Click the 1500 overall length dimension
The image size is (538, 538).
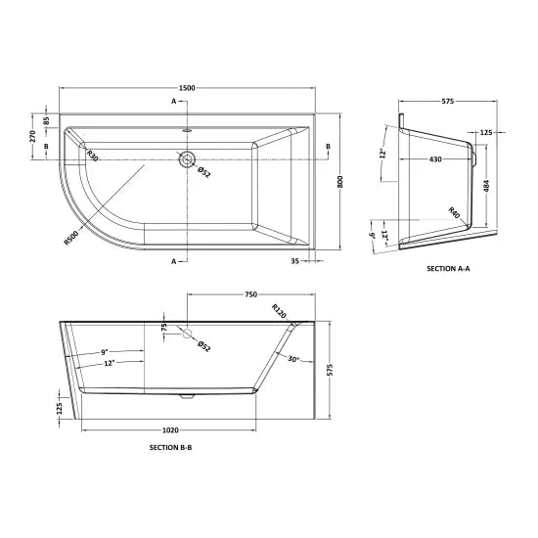pos(188,89)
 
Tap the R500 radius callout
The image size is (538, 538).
pos(70,238)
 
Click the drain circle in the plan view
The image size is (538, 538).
pos(187,159)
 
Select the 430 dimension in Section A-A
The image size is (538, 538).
pos(435,158)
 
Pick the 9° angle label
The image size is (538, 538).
pos(103,351)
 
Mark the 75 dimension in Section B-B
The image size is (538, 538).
pos(164,328)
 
